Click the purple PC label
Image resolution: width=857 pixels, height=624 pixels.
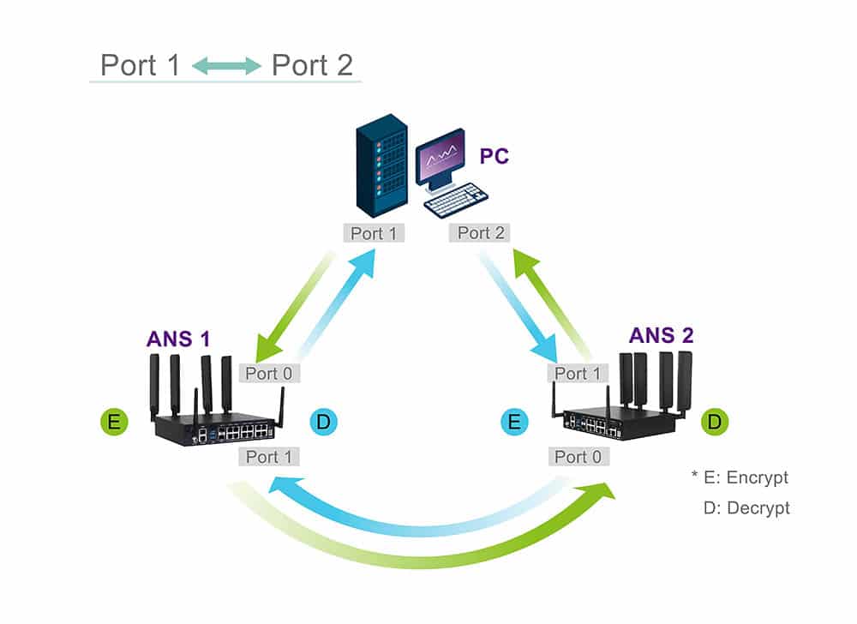494,156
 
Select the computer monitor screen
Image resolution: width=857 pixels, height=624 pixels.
441,160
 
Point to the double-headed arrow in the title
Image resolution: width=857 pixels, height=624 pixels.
226,66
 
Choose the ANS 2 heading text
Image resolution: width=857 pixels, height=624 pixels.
661,334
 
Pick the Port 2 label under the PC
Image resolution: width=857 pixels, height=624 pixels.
481,233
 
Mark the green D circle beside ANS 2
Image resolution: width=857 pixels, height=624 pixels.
715,422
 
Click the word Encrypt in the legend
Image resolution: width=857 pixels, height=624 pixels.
757,477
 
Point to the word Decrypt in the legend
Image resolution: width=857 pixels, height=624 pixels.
758,507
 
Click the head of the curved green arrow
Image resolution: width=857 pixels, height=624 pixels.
603,491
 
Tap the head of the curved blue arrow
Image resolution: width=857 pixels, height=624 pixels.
279,487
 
